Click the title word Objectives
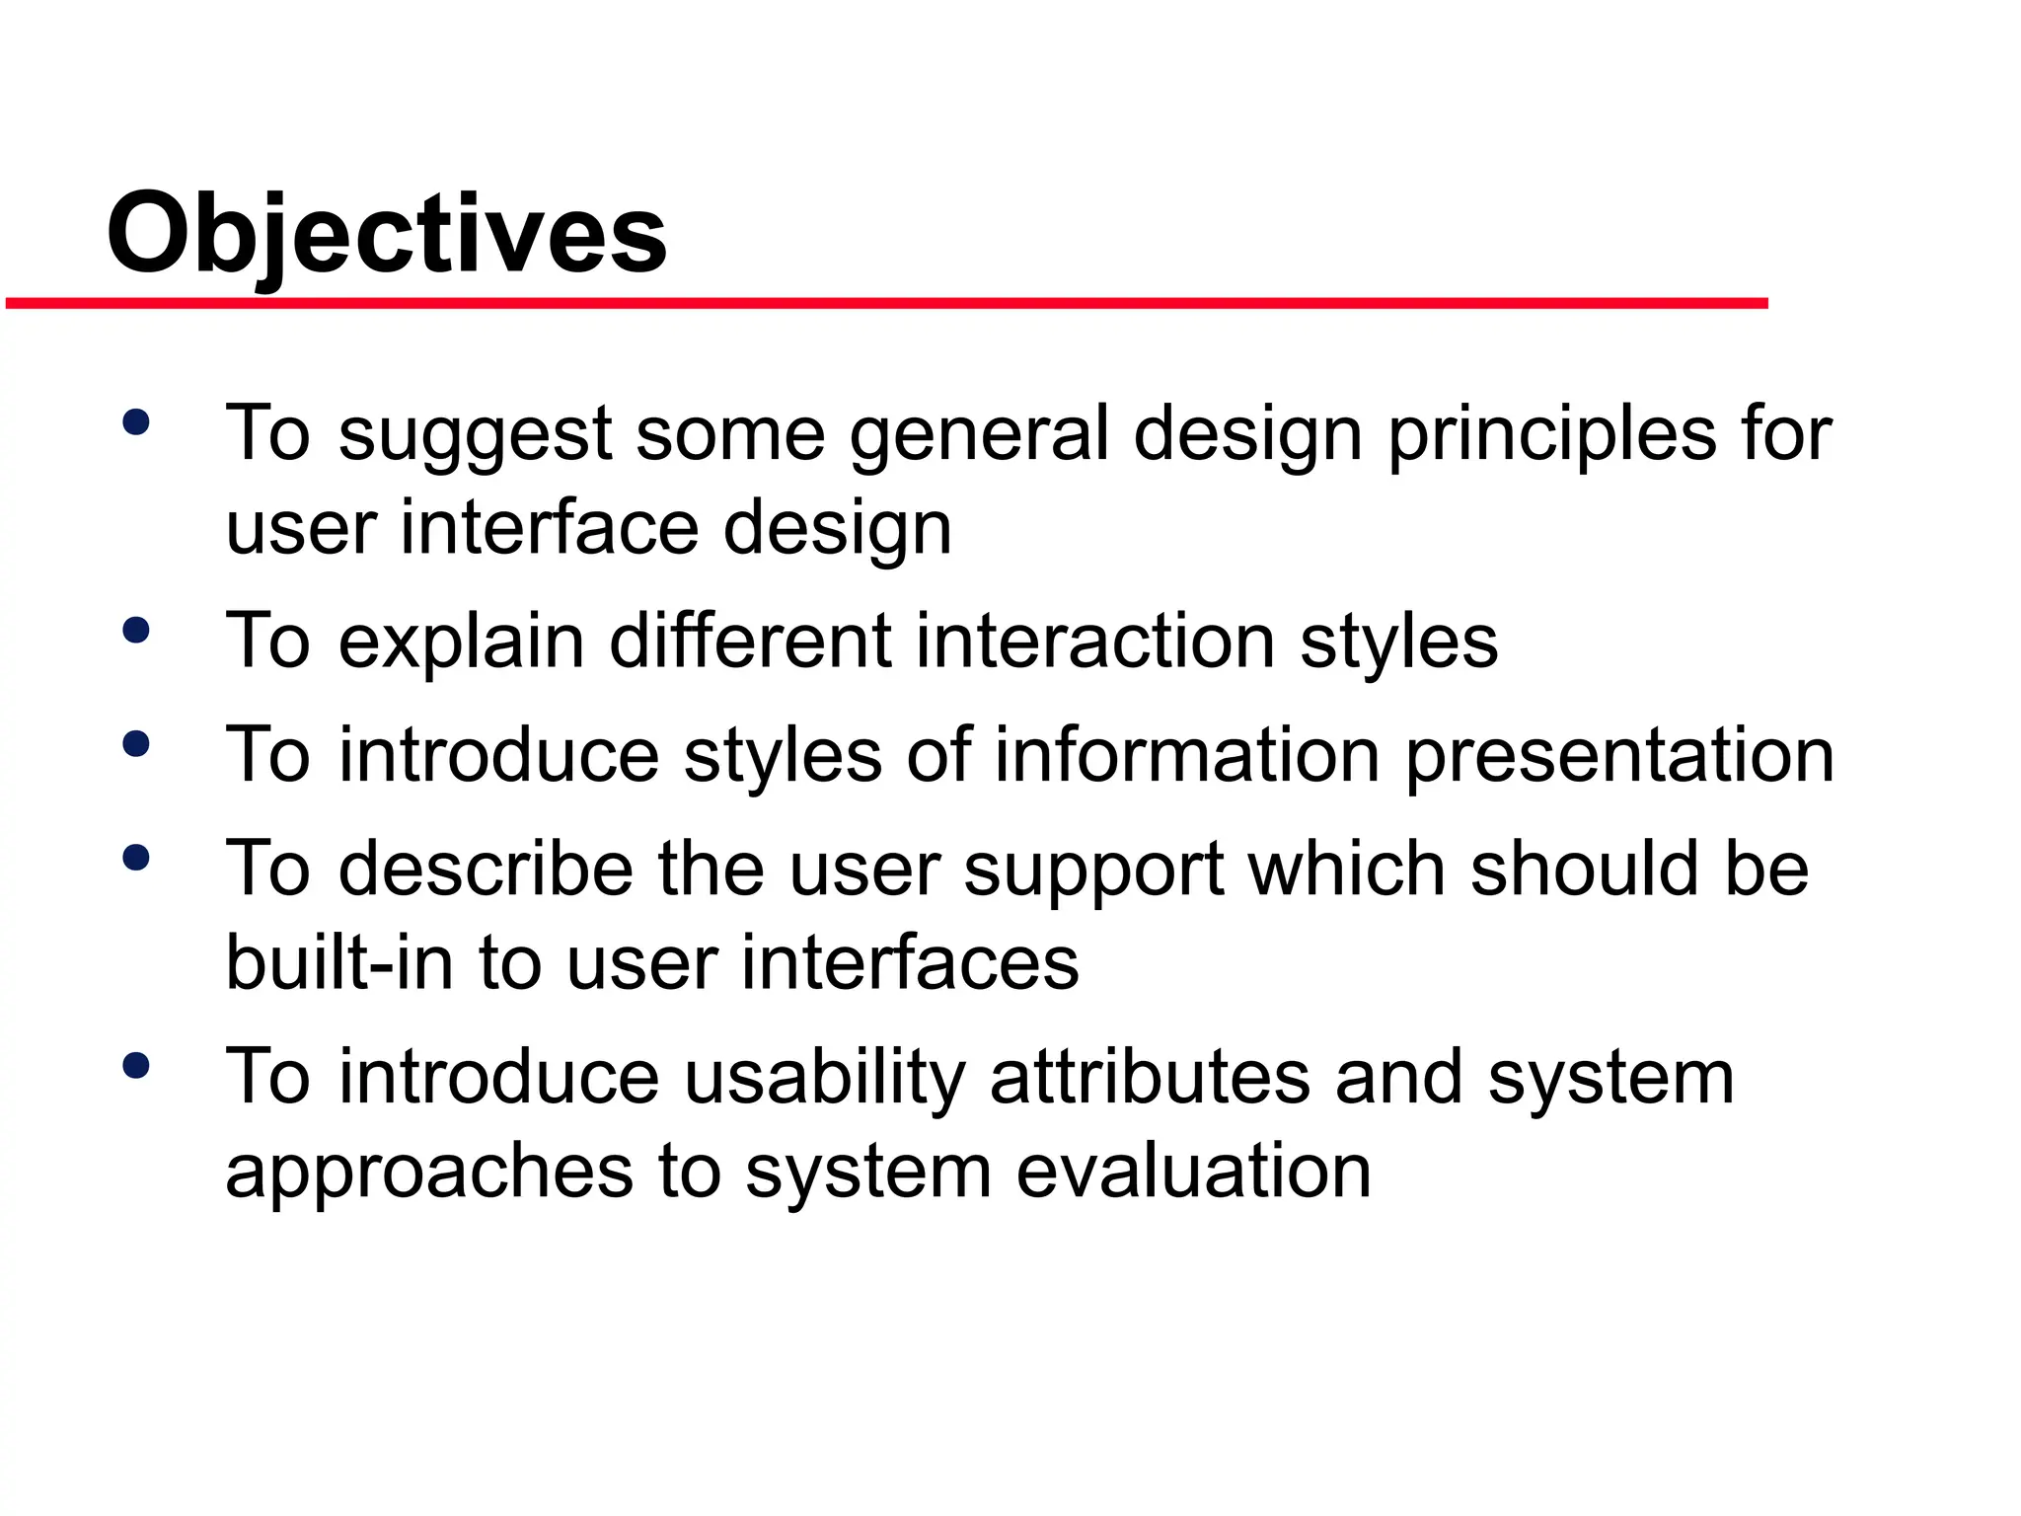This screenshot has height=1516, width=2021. [x=387, y=235]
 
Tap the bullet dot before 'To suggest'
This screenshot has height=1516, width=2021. [x=136, y=422]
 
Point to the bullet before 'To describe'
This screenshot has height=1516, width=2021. [x=136, y=858]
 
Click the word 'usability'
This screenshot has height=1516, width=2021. [x=825, y=1078]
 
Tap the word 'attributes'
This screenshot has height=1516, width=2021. [x=1150, y=1078]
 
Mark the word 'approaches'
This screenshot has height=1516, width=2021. [x=429, y=1173]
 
